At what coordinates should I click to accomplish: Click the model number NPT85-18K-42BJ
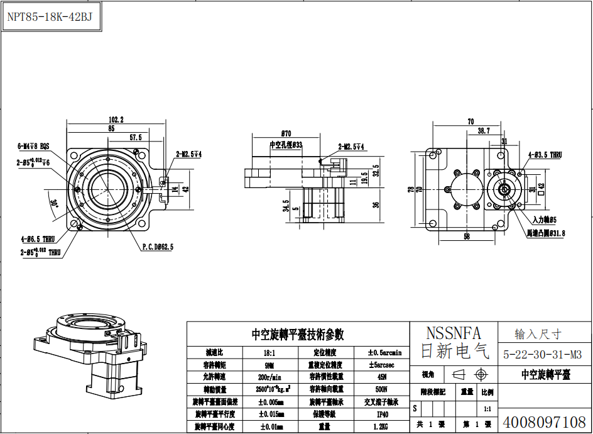coord(50,17)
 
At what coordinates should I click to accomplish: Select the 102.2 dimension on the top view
coord(116,120)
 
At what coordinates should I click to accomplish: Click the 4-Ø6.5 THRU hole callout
coord(37,239)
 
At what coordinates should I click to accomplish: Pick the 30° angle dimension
coord(53,203)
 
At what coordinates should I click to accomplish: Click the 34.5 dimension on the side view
coord(286,206)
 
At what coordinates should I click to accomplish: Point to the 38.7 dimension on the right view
coord(484,131)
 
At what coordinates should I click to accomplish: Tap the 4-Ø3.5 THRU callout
coord(545,154)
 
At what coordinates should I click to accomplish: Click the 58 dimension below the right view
coord(465,237)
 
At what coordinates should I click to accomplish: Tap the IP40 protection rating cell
coord(383,415)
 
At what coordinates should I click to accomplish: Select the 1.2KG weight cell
coord(383,426)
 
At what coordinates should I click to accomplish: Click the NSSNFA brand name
coord(453,333)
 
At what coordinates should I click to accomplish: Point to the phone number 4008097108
coord(544,421)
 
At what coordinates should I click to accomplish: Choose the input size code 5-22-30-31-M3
coord(542,354)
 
